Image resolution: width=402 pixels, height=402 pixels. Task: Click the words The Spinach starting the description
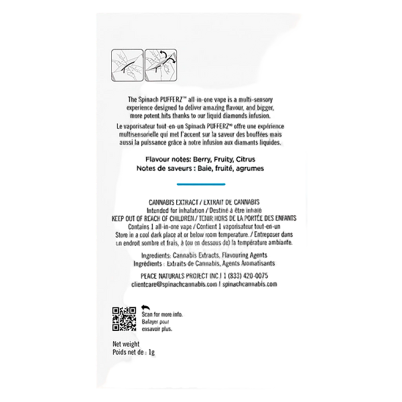coord(148,99)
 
